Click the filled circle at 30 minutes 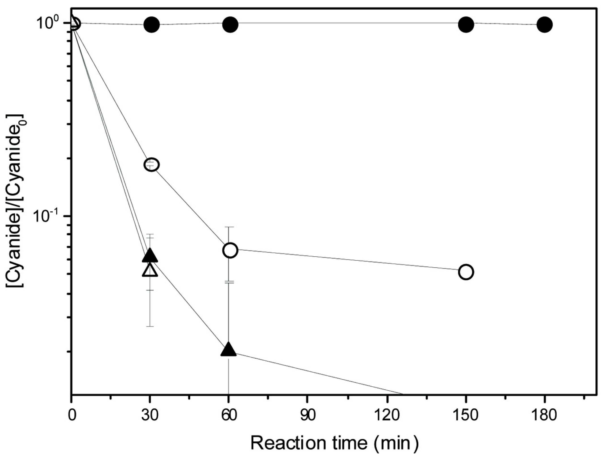click(152, 25)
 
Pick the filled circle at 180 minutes click(545, 25)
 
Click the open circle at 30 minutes click(152, 164)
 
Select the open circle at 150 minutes click(466, 272)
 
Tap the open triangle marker click(150, 270)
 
